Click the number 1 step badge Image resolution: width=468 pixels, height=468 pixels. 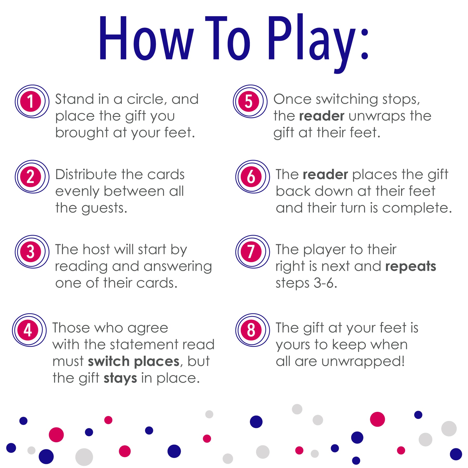click(32, 101)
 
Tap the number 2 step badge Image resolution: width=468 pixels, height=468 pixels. click(32, 177)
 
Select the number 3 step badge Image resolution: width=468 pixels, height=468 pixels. click(32, 252)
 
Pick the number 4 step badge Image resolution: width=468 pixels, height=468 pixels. click(29, 330)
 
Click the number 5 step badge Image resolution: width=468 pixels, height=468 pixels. click(250, 101)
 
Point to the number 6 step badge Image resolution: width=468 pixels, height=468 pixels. click(252, 177)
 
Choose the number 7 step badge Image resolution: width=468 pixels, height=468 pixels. click(252, 252)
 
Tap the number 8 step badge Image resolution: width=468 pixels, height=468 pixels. click(252, 330)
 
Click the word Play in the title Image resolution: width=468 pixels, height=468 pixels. click(312, 43)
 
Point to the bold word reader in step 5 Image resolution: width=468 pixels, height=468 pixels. click(322, 116)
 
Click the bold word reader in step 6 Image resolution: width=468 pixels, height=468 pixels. click(325, 174)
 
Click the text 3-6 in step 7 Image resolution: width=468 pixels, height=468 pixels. click(325, 283)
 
